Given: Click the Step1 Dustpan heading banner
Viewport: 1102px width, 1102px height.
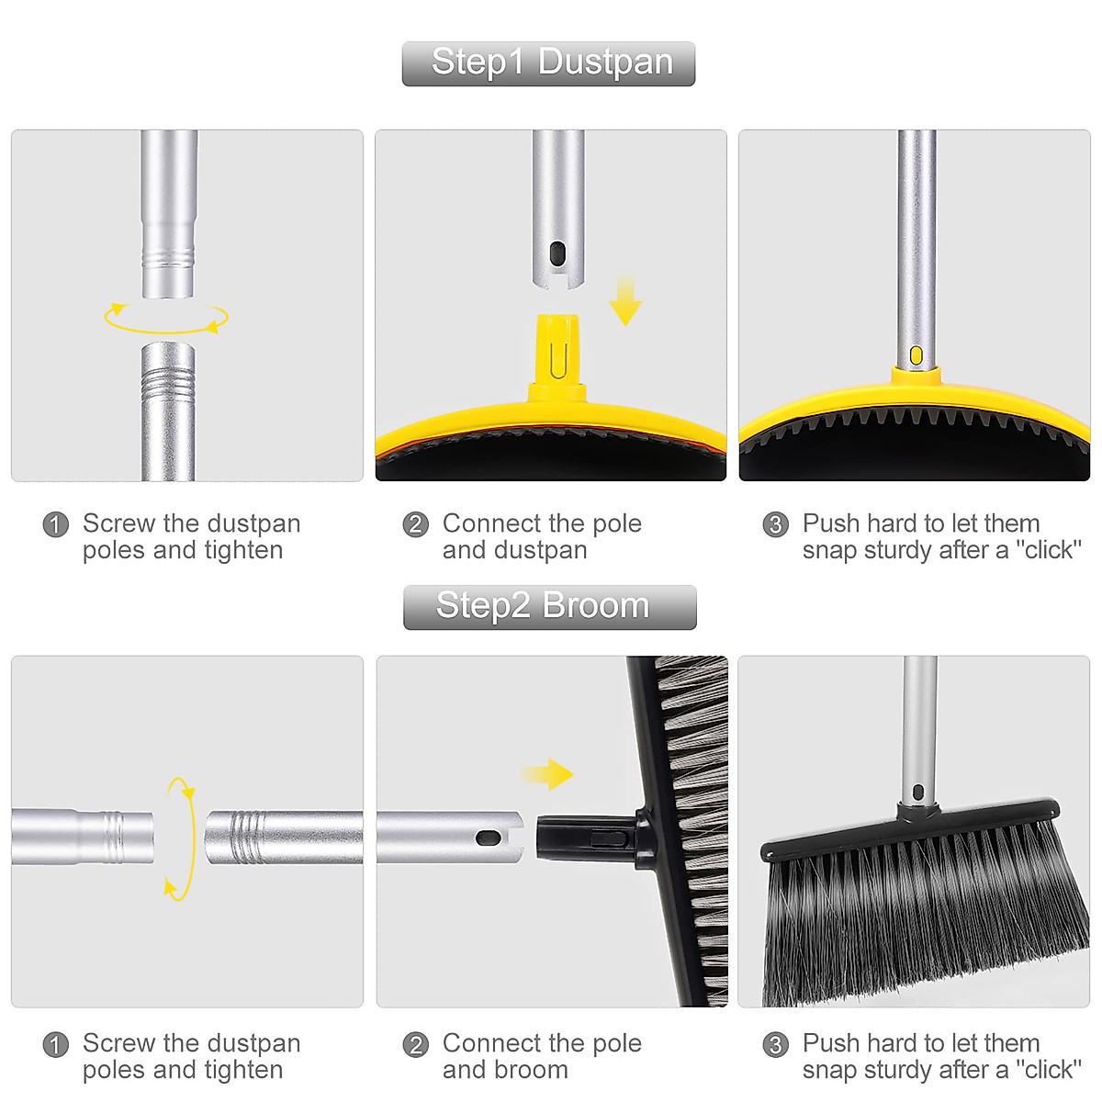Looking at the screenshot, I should (x=548, y=63).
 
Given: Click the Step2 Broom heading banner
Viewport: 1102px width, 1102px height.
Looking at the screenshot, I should (x=549, y=607).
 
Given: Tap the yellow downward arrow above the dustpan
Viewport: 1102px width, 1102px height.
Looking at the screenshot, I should (x=625, y=300).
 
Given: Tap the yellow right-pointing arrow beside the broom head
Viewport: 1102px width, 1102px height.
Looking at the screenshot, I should (x=548, y=774).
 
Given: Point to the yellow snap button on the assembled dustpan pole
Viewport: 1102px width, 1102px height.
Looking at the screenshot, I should (x=916, y=355).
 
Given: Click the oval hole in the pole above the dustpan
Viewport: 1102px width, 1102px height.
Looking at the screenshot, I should (x=557, y=253).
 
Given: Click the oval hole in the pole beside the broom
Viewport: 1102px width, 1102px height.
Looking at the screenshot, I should (x=488, y=838).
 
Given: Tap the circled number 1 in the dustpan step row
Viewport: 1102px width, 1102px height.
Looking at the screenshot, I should (x=56, y=524).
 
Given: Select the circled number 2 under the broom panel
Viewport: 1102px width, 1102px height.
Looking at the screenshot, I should (x=416, y=1044).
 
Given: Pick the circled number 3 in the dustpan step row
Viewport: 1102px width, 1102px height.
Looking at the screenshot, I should (x=776, y=524).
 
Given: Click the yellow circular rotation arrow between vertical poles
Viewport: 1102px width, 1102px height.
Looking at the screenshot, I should (x=166, y=318).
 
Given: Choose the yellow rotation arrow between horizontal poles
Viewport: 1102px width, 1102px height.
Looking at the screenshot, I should (x=181, y=838).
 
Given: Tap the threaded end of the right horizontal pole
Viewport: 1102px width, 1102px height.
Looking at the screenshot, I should (x=243, y=837).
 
